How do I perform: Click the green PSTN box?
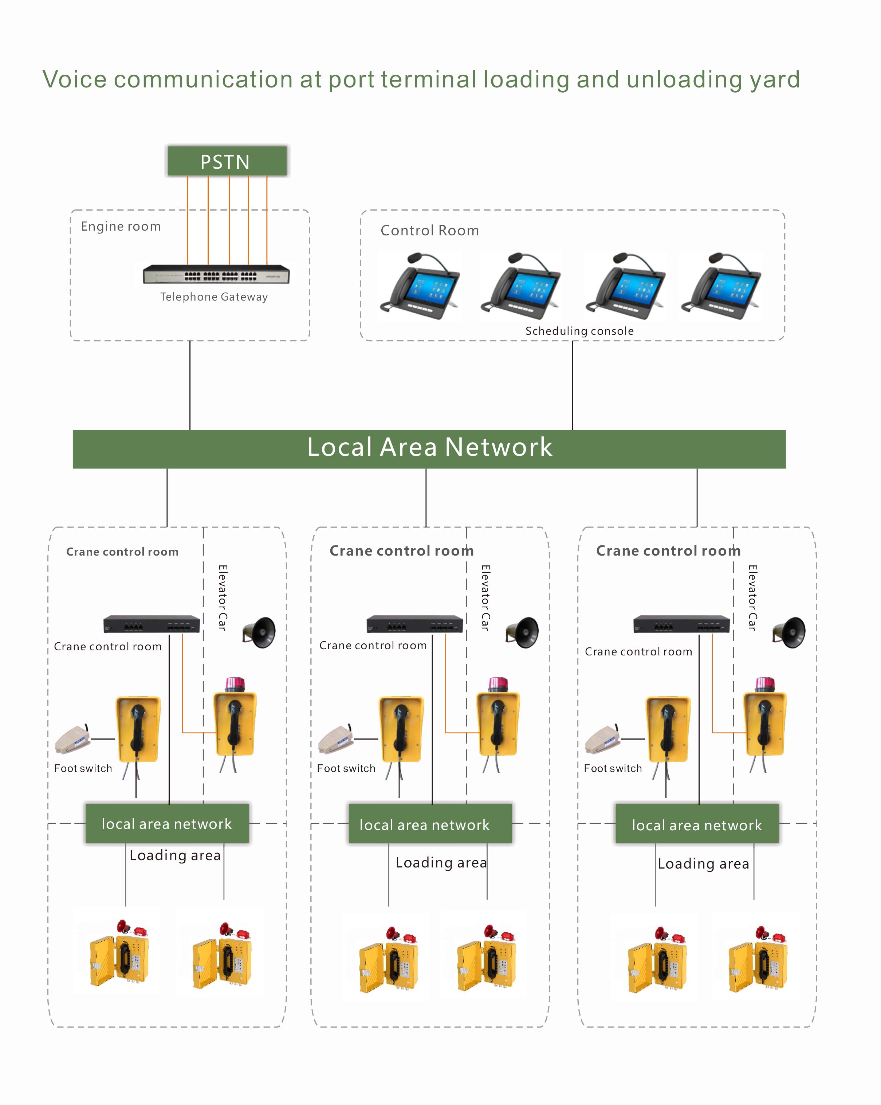tap(227, 161)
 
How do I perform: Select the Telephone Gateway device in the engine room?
tap(216, 274)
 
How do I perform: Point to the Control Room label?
tap(430, 231)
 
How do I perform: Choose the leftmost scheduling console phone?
tap(420, 286)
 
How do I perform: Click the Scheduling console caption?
tap(579, 331)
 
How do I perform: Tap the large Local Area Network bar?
tap(429, 448)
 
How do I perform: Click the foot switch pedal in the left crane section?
tap(73, 740)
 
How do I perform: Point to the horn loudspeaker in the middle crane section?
tap(523, 632)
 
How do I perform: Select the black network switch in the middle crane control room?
tap(414, 624)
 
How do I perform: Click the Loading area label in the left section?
tap(175, 855)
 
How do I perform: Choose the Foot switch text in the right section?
tap(613, 768)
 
